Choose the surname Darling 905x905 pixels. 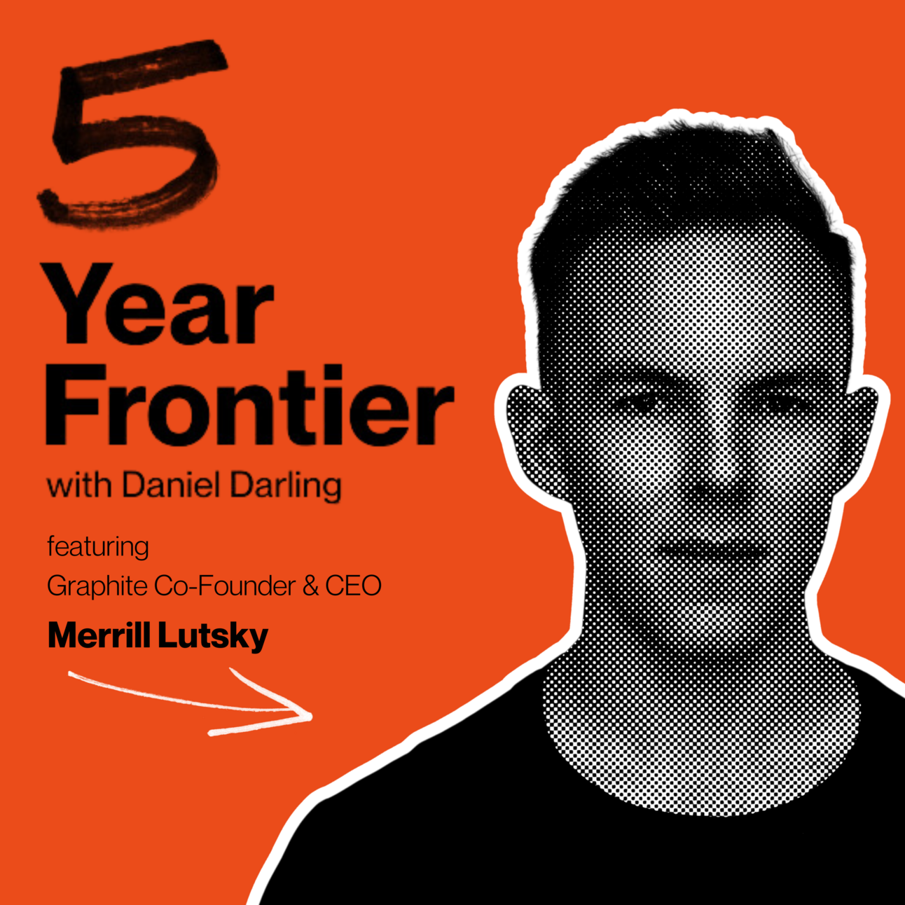coord(286,487)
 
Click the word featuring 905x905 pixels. coord(98,548)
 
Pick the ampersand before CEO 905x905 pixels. coord(311,586)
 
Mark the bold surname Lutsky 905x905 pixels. coord(213,637)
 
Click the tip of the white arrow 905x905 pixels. coord(312,717)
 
